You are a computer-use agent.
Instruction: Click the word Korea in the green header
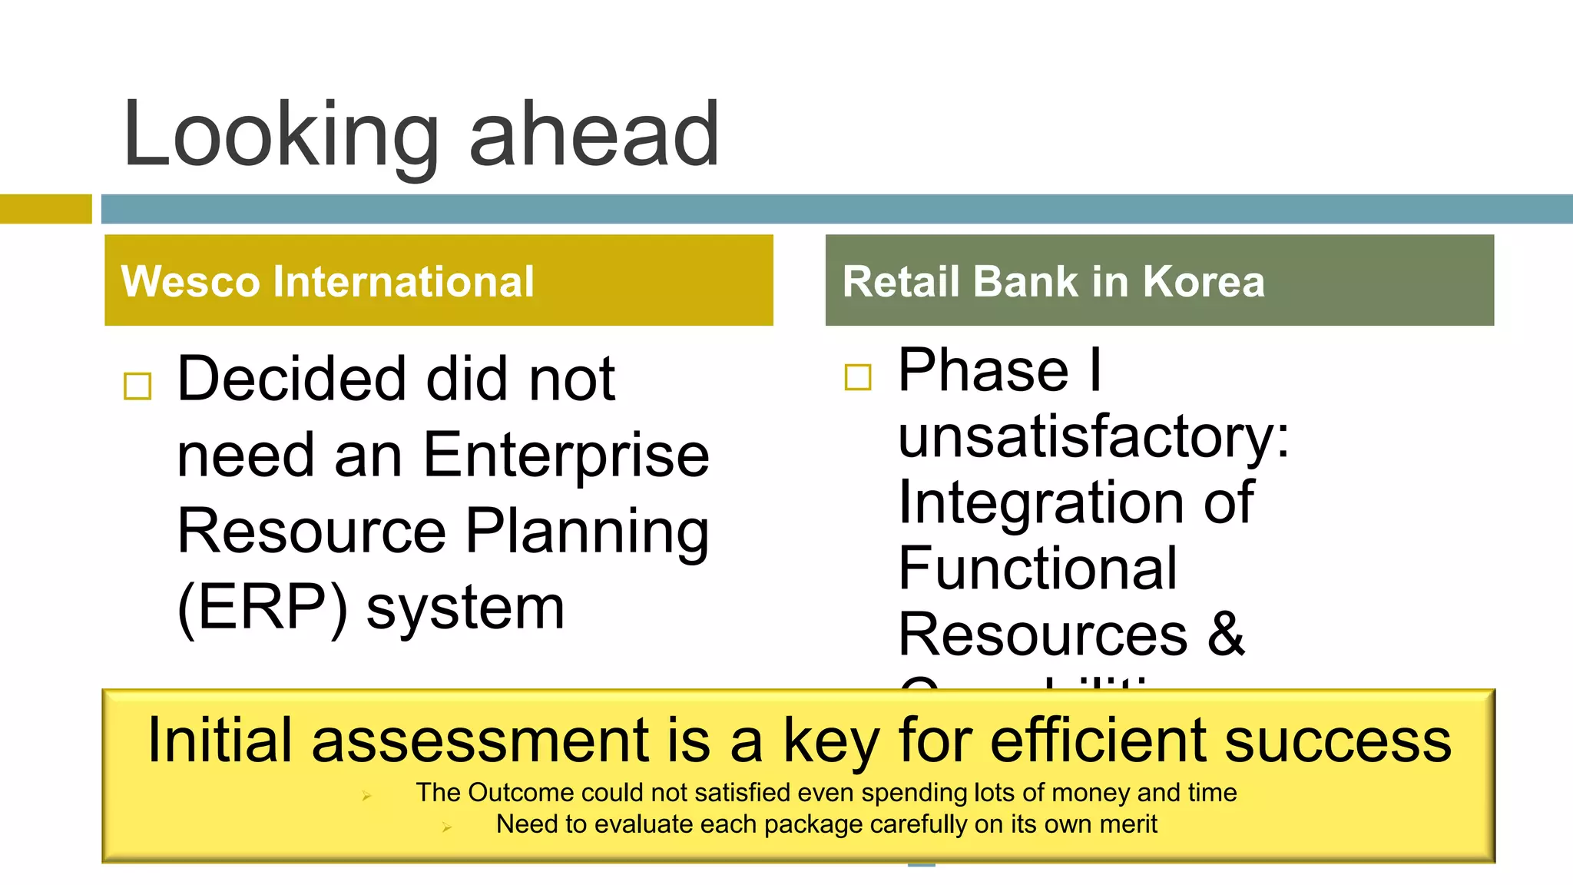click(x=1203, y=281)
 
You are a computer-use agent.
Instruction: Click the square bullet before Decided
click(x=137, y=386)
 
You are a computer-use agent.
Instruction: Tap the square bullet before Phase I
click(x=858, y=377)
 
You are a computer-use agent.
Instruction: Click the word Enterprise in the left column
click(x=566, y=456)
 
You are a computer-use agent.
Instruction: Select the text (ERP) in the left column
click(x=262, y=607)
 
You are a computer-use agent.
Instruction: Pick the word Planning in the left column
click(x=587, y=532)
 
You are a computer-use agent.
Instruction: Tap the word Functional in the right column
click(x=1037, y=568)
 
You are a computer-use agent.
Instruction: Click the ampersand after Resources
click(x=1226, y=635)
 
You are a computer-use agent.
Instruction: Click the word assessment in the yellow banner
click(x=481, y=741)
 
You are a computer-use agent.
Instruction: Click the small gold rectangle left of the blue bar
click(x=45, y=209)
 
